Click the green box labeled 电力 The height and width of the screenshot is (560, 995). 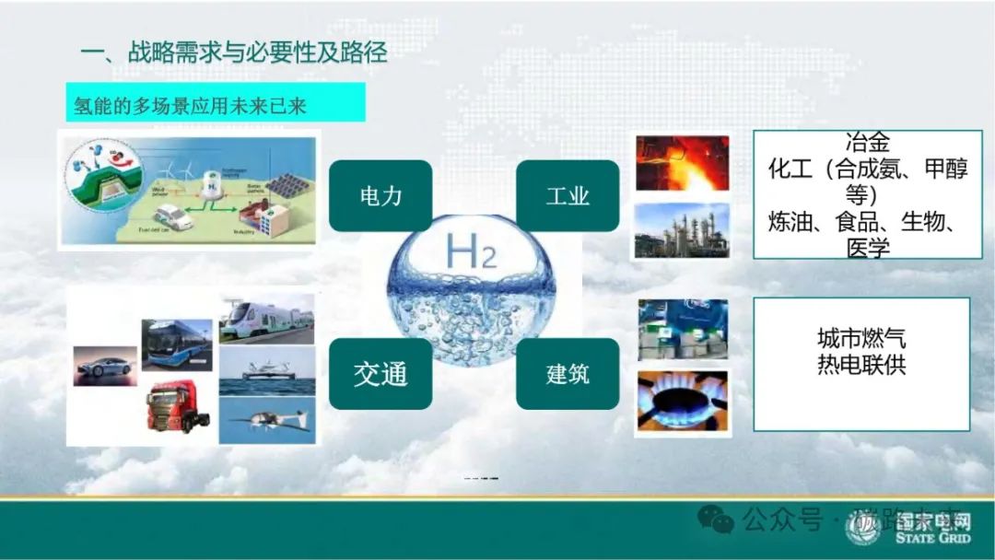tap(380, 195)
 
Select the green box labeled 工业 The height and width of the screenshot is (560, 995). tap(567, 195)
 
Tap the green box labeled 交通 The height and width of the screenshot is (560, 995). tap(380, 374)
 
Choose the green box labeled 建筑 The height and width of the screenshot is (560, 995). tap(567, 374)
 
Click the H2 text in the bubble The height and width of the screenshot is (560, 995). tap(470, 251)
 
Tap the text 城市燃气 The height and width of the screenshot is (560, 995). tap(861, 337)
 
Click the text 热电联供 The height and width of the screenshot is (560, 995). tap(861, 364)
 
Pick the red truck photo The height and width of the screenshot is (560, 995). tap(178, 406)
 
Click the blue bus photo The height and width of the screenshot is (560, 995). tap(176, 343)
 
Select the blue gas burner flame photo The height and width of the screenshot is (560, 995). tap(683, 402)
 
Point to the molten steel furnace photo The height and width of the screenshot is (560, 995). tap(683, 163)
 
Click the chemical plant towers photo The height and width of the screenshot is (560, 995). tap(683, 230)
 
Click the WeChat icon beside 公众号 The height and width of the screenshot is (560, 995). tap(716, 520)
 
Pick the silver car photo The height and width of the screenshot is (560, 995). tap(105, 366)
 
